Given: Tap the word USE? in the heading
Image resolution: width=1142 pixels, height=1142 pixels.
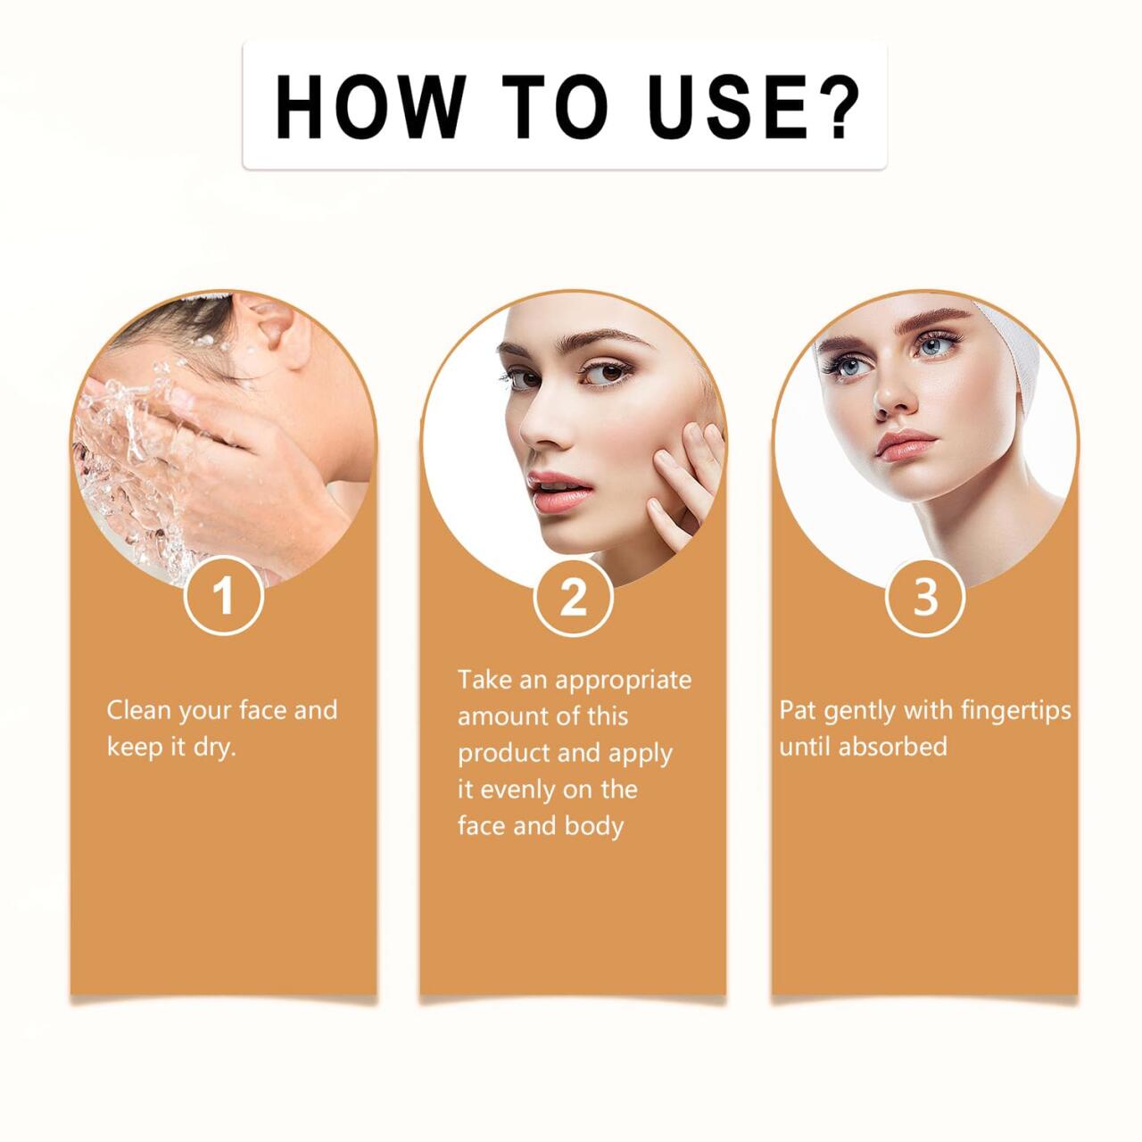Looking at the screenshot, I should tap(753, 106).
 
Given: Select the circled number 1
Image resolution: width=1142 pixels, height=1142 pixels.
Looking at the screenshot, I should tap(224, 595).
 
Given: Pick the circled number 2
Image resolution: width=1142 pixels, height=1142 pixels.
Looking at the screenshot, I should tap(574, 596).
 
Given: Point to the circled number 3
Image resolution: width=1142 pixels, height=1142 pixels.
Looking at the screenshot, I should tap(925, 595).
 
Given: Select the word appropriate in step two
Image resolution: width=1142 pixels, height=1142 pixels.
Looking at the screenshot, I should tap(624, 680).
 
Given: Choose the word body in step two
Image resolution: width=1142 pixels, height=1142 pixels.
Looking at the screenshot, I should tap(593, 826).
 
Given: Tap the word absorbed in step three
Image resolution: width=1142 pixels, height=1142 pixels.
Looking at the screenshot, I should tap(892, 747).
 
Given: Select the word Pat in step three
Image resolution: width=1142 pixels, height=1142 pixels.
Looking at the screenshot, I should tap(797, 711).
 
